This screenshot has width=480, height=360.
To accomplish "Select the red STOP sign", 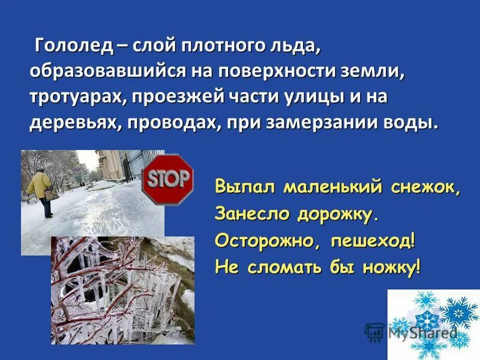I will [168, 178].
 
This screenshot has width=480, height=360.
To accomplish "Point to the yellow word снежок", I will [425, 187].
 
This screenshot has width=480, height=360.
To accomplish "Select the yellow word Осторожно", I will [265, 240].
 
